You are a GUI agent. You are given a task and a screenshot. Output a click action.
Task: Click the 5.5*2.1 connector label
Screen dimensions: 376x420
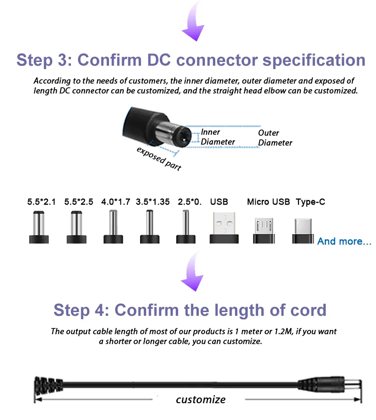pyautogui.click(x=41, y=202)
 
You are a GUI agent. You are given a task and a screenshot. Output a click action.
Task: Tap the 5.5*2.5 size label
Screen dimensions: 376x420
pyautogui.click(x=78, y=202)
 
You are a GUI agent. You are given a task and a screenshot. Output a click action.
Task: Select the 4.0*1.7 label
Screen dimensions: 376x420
pyautogui.click(x=116, y=202)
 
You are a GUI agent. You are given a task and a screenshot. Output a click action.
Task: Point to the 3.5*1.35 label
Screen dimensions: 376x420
pyautogui.click(x=153, y=202)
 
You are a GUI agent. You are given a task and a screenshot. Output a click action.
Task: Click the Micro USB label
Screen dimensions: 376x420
pyautogui.click(x=268, y=202)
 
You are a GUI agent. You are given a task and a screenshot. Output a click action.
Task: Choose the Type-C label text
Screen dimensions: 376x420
pyautogui.click(x=310, y=202)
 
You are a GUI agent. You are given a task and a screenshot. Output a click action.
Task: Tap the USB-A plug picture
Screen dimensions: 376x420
pyautogui.click(x=224, y=228)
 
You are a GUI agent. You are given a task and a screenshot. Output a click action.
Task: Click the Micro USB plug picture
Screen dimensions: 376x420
pyautogui.click(x=264, y=230)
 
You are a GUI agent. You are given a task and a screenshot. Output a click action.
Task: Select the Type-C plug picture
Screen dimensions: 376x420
pyautogui.click(x=303, y=231)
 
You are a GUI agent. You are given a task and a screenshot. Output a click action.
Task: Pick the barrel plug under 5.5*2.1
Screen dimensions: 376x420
pyautogui.click(x=39, y=227)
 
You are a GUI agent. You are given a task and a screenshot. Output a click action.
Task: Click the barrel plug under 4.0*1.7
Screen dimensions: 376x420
pyautogui.click(x=113, y=227)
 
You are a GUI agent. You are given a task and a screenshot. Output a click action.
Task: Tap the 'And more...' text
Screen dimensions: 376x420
pyautogui.click(x=344, y=241)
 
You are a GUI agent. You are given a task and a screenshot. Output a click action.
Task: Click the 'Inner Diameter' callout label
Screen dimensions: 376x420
pyautogui.click(x=218, y=137)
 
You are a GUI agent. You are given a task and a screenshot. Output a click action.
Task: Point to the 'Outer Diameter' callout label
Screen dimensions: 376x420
pyautogui.click(x=275, y=137)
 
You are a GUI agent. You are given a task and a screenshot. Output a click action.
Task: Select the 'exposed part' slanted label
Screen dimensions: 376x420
pyautogui.click(x=159, y=159)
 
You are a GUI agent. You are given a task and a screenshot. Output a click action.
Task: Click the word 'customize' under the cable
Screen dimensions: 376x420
pyautogui.click(x=201, y=399)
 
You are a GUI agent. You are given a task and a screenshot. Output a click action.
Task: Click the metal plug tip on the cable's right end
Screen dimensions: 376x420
pyautogui.click(x=353, y=385)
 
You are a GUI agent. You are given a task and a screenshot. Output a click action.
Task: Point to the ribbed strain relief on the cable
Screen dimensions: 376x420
pyautogui.click(x=48, y=386)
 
